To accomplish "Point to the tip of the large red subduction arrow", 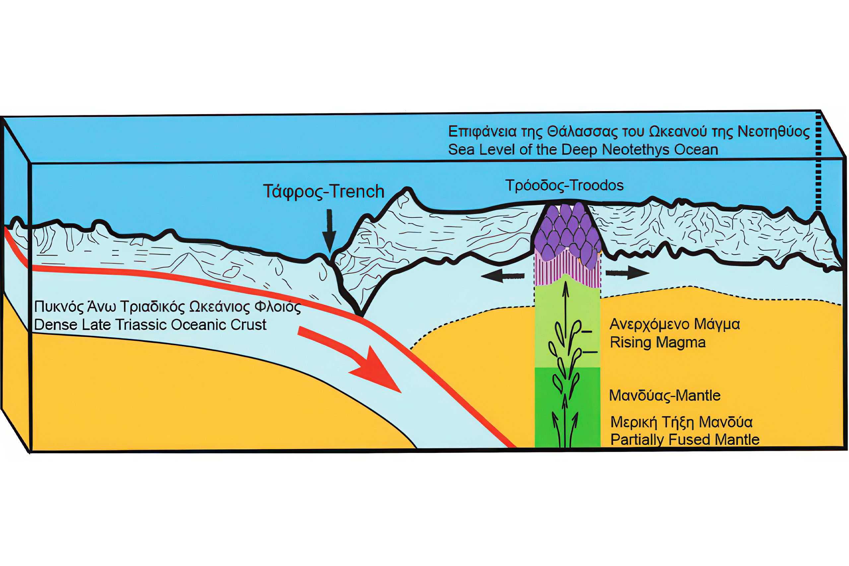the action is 401,393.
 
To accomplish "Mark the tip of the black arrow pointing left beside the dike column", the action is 481,276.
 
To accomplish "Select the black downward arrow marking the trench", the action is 330,231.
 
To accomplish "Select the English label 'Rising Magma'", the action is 658,342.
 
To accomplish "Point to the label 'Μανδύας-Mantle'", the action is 665,396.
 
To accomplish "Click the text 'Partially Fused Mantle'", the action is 685,440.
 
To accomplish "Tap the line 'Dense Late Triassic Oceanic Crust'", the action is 150,325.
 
